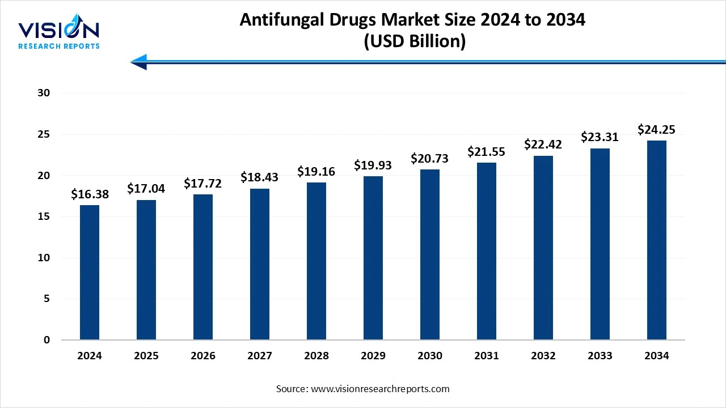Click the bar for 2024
(90, 273)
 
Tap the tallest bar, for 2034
(657, 240)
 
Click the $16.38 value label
(90, 194)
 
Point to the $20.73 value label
(430, 159)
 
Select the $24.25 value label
(657, 130)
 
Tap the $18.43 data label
(260, 178)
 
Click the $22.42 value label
(543, 144)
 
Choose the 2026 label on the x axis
(203, 356)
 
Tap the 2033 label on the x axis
(600, 356)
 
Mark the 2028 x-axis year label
(316, 356)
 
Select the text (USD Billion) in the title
(412, 42)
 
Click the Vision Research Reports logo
(59, 33)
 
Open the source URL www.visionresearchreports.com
(380, 389)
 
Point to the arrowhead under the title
(140, 62)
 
